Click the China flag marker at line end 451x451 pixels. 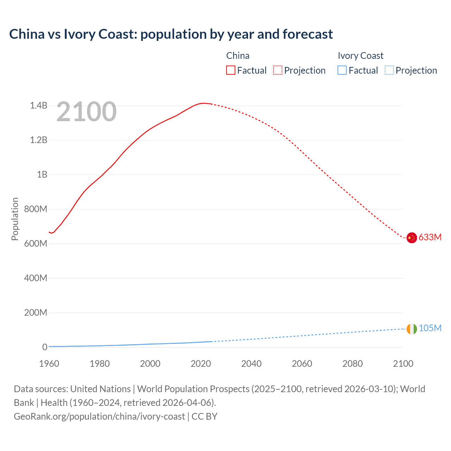[x=412, y=238]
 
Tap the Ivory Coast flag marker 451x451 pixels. [x=412, y=329]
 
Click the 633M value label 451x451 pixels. [x=430, y=237]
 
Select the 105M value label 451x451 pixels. [x=430, y=328]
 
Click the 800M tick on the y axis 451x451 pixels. [x=36, y=209]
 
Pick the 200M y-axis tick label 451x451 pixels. [x=36, y=313]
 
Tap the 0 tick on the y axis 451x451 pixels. [x=45, y=347]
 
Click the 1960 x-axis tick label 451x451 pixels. [x=49, y=364]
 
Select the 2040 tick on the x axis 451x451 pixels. [x=251, y=364]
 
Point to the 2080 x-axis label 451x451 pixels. [x=352, y=364]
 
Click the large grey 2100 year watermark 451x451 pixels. [x=86, y=112]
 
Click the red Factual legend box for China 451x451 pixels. [x=230, y=70]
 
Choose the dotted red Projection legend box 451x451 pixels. [x=278, y=70]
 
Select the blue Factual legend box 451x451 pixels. [x=342, y=70]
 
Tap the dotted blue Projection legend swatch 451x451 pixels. [x=389, y=70]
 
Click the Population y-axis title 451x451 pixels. [x=15, y=219]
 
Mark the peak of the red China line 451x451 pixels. [x=203, y=103]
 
